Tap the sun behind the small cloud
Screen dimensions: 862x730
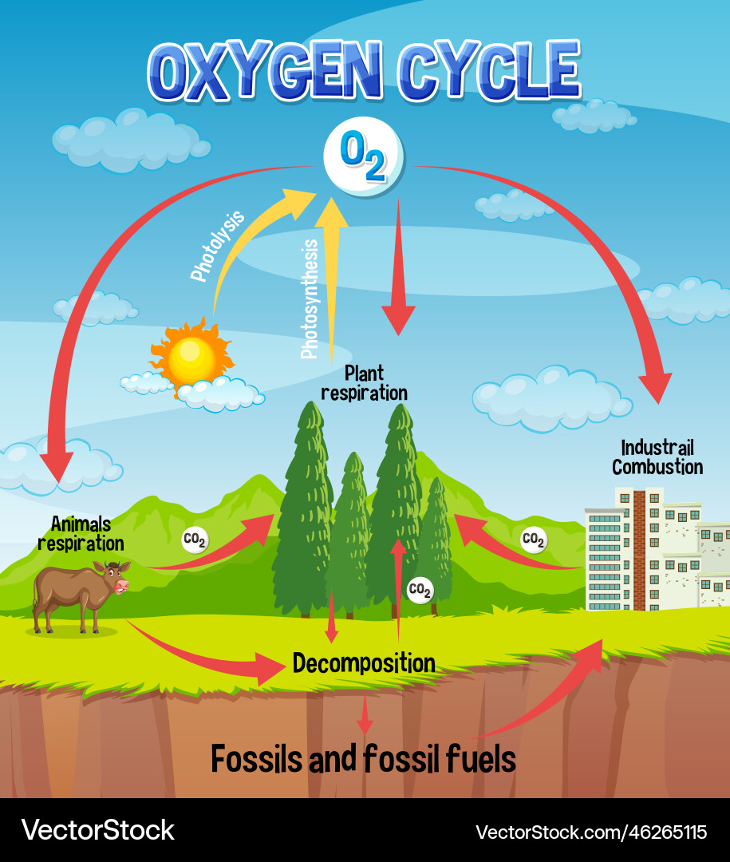(x=191, y=357)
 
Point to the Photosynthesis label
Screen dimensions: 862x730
(x=310, y=299)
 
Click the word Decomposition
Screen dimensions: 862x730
(x=364, y=662)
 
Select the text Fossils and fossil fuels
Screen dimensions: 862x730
(x=363, y=759)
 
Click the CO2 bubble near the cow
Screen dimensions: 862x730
(x=195, y=540)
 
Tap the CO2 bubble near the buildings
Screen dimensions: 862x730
(x=533, y=540)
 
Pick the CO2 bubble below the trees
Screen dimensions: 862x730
(x=420, y=590)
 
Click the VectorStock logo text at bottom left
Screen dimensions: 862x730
(x=97, y=830)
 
